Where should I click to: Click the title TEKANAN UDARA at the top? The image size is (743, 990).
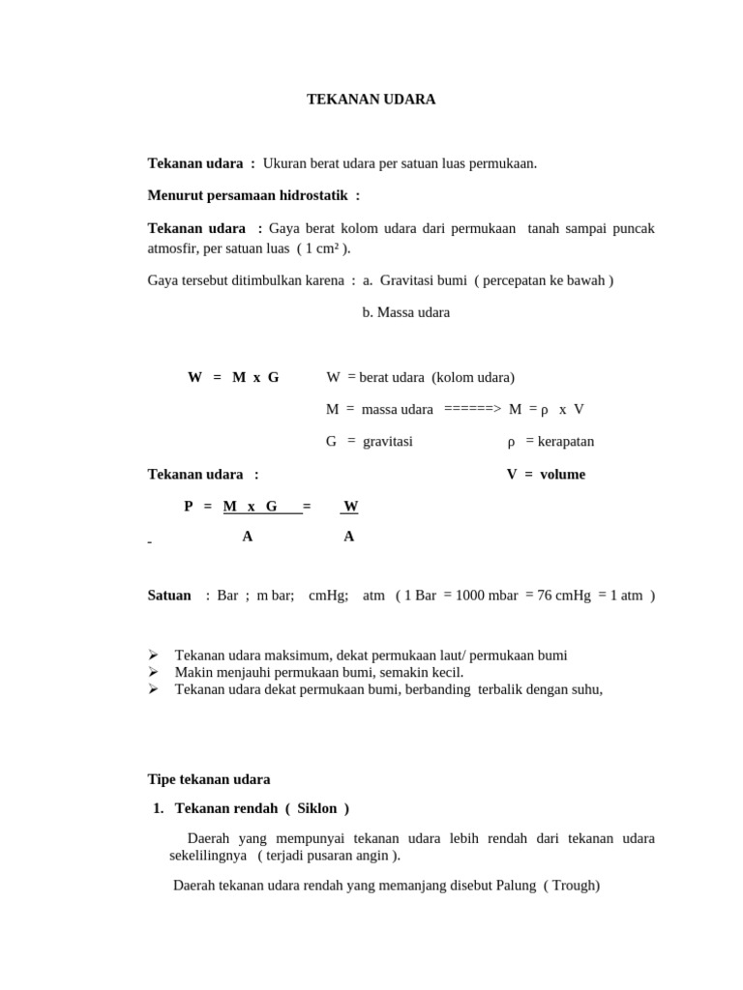point(371,100)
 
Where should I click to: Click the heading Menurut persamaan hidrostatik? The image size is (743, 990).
point(253,195)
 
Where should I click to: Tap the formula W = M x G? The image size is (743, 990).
point(233,377)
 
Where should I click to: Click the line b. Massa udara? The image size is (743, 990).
point(405,312)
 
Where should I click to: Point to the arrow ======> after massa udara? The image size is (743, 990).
point(472,409)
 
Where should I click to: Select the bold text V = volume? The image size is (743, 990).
point(546,474)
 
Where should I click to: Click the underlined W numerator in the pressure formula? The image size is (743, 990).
point(350,506)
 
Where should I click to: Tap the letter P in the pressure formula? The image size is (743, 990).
point(189,506)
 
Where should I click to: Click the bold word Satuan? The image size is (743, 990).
point(169,596)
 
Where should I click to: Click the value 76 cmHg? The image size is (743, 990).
point(563,596)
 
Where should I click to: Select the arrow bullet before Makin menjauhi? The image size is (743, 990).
point(153,672)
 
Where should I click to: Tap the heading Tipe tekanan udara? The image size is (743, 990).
point(209,779)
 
